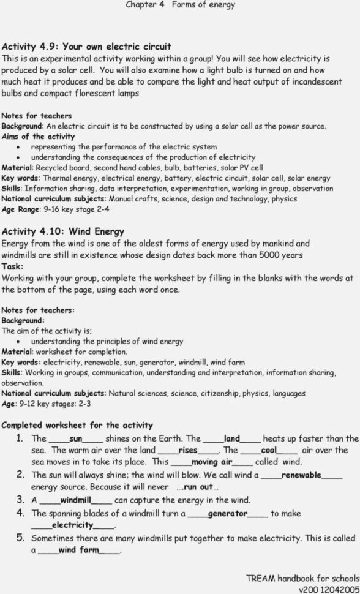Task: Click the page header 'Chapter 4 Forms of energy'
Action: pos(180,5)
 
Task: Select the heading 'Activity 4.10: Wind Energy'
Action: pos(63,231)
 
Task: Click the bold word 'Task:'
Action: pos(12,267)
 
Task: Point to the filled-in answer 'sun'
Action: pos(76,438)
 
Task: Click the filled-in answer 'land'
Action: pos(232,438)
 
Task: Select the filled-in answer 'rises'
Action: pos(188,450)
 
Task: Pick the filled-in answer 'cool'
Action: pos(269,450)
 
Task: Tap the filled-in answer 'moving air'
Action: pos(212,462)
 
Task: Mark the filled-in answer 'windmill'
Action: pos(75,500)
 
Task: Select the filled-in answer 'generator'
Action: pos(227,513)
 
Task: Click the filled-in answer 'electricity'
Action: pos(72,525)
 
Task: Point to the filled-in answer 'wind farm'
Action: pos(79,551)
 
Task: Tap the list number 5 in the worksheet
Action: pos(20,538)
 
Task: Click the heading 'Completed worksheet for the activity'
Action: pos(77,425)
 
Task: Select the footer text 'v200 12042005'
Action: pos(329,589)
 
